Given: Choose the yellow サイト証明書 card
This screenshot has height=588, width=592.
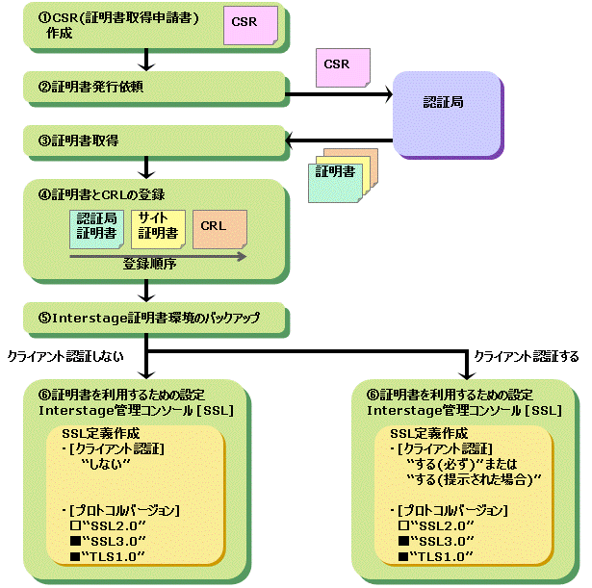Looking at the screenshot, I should (x=155, y=226).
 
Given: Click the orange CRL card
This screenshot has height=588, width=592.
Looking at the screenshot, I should (x=218, y=226).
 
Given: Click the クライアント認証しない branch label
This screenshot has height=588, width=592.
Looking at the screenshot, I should (x=57, y=355).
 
